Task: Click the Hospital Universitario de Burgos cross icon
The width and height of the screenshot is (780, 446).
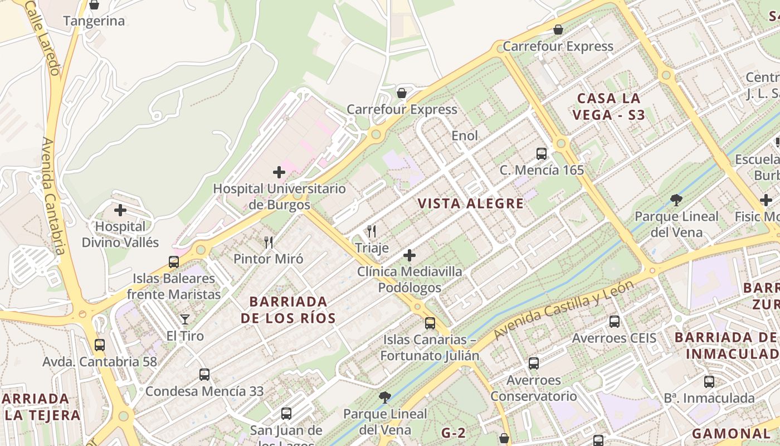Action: [x=279, y=172]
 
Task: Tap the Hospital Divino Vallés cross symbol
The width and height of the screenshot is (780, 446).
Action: [x=120, y=210]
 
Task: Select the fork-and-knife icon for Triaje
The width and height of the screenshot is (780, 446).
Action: [x=372, y=231]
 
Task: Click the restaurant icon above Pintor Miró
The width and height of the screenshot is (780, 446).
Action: [x=269, y=242]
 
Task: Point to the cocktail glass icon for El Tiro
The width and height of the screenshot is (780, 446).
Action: [x=185, y=319]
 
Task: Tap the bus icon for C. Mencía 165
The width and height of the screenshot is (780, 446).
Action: [x=541, y=153]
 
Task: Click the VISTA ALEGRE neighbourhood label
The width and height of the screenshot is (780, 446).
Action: [x=471, y=203]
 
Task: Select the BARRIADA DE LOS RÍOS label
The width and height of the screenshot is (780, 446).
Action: [x=288, y=310]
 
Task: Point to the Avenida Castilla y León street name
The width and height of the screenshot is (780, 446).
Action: [x=564, y=309]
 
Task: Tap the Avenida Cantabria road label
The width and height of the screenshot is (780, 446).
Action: [x=53, y=195]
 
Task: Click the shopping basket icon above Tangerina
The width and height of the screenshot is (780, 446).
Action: [x=94, y=5]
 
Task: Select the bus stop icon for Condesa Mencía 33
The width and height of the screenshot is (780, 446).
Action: [x=204, y=374]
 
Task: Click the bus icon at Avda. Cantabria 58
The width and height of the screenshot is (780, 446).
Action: [x=100, y=345]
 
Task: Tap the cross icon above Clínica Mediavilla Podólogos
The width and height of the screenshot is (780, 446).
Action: [x=409, y=255]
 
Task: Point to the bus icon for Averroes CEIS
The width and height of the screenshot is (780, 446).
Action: [x=614, y=321]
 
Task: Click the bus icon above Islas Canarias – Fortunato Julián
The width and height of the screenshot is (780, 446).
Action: [x=430, y=323]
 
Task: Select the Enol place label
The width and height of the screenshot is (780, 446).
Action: [x=465, y=135]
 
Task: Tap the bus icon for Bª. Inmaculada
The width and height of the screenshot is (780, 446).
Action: [x=709, y=381]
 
